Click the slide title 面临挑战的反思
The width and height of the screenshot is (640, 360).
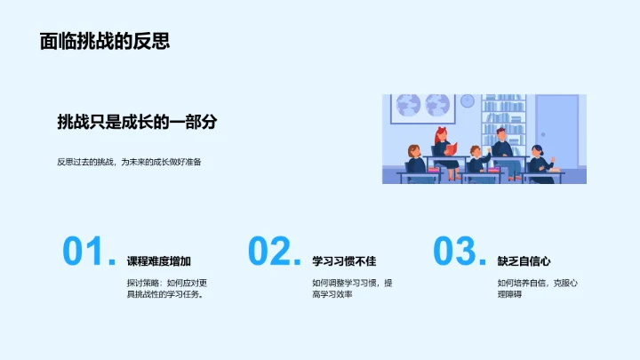tap(105, 42)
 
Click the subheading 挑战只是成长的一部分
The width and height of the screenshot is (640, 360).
tap(137, 123)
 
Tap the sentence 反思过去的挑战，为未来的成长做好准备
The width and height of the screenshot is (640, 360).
tap(129, 162)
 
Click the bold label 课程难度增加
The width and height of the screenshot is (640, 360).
tap(159, 261)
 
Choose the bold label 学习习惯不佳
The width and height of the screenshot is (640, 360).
tap(344, 261)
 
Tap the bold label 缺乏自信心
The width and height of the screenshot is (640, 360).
tap(524, 261)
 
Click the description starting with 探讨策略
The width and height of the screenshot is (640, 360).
tap(166, 289)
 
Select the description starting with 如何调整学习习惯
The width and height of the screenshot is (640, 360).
tap(352, 289)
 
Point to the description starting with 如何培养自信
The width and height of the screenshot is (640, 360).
tap(538, 289)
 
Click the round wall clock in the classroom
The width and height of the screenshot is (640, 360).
tap(468, 101)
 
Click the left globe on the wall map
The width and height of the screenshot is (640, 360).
tap(410, 105)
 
